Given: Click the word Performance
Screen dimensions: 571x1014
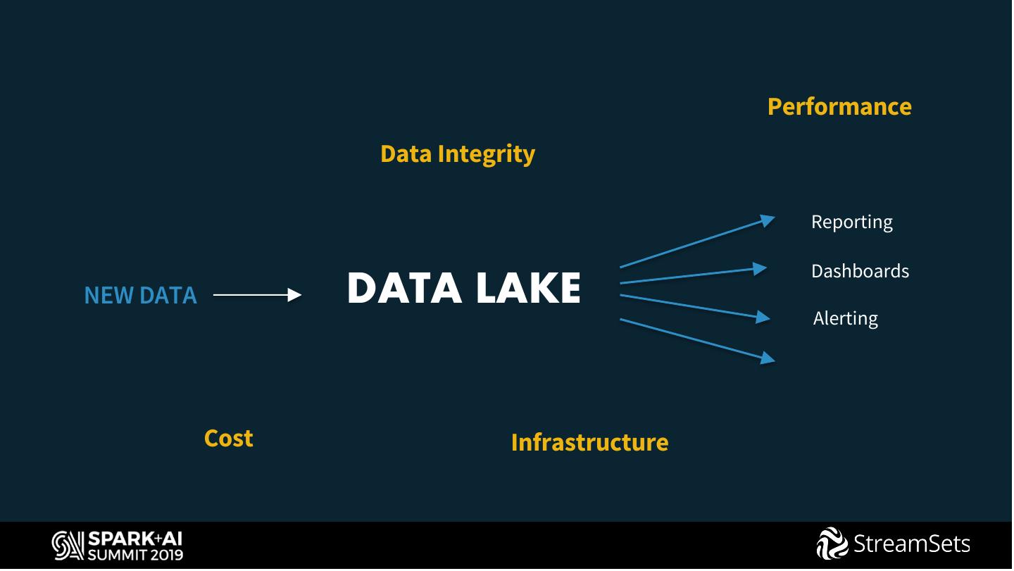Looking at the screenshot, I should [839, 106].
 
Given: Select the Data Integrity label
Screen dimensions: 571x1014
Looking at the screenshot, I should [457, 153].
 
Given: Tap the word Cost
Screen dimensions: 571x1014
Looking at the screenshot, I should [228, 438].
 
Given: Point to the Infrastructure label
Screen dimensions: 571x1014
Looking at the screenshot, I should [589, 442].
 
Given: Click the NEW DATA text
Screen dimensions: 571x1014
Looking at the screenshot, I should [140, 295].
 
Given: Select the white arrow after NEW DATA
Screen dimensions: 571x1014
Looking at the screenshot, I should [257, 295].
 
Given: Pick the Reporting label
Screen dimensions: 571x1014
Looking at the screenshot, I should [851, 222].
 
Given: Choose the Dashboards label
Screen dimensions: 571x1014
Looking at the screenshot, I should [860, 271].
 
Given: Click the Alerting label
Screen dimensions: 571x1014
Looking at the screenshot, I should [845, 318].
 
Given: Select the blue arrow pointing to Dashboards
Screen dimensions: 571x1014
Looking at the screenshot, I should [693, 275].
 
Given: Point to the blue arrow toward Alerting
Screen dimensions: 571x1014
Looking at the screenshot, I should [694, 307].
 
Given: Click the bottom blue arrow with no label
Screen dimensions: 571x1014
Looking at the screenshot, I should [696, 339].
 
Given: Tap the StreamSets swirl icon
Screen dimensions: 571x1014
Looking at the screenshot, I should [832, 544].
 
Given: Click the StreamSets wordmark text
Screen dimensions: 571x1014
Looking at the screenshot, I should [912, 544].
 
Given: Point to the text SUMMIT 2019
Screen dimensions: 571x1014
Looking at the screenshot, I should [135, 554].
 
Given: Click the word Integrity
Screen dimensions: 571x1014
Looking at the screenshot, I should [486, 153].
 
